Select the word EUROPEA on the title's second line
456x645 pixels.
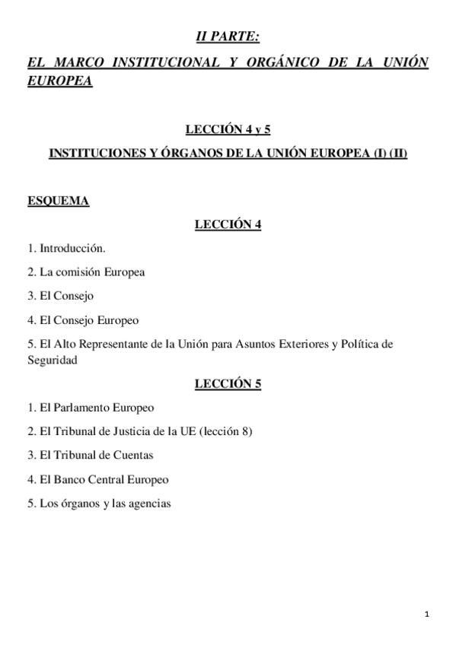pos(59,81)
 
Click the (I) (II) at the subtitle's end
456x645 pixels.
pos(387,153)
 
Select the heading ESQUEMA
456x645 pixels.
pos(58,201)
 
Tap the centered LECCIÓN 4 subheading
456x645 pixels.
pos(228,224)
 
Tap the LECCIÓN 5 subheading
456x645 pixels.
pos(228,383)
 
